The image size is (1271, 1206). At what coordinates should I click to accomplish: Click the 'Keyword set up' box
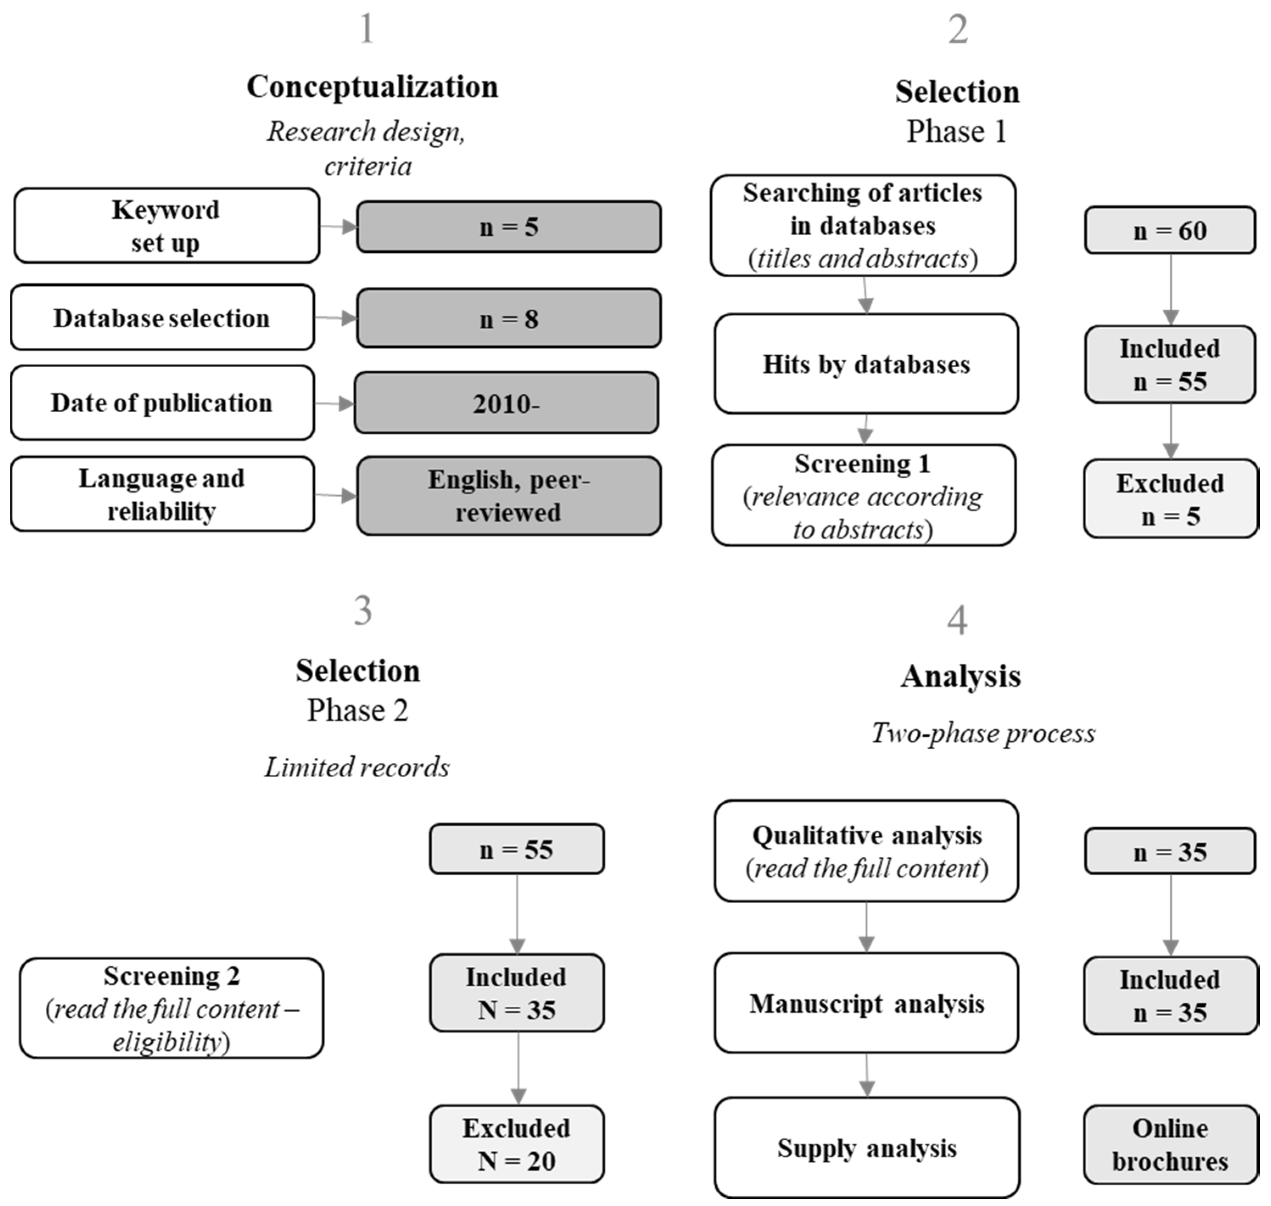point(167,226)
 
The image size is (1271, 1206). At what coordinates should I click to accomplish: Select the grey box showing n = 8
point(508,318)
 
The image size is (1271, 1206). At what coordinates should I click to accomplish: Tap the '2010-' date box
point(506,403)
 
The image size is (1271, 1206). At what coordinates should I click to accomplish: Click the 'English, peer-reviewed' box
point(508,496)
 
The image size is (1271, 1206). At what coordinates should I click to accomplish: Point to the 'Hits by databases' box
point(866,364)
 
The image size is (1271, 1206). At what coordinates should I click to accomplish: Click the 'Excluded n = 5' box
point(1170,499)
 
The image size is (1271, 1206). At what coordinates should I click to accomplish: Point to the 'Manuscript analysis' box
point(866,1003)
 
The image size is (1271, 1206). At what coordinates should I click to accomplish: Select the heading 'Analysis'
point(960,676)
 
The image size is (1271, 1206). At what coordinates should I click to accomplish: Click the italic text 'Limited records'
point(357,767)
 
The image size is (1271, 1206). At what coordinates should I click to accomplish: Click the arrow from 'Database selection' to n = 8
point(335,318)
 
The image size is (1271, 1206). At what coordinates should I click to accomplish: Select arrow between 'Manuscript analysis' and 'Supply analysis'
point(866,1075)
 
